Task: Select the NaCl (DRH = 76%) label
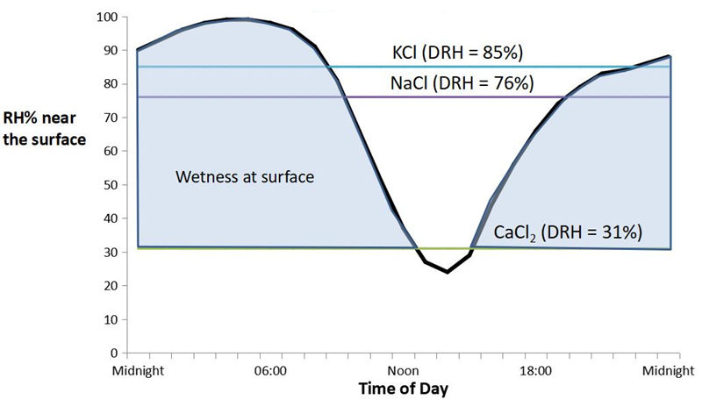pyautogui.click(x=462, y=83)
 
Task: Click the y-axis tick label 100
pyautogui.click(x=107, y=17)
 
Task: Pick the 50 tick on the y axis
pyautogui.click(x=111, y=185)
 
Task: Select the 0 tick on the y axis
pyautogui.click(x=114, y=353)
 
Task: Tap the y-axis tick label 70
pyautogui.click(x=111, y=118)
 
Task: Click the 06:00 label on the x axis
pyautogui.click(x=269, y=371)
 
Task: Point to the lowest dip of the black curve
pyautogui.click(x=447, y=272)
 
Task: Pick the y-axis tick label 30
pyautogui.click(x=111, y=253)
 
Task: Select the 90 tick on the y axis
pyautogui.click(x=111, y=51)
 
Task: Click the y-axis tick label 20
pyautogui.click(x=111, y=286)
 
